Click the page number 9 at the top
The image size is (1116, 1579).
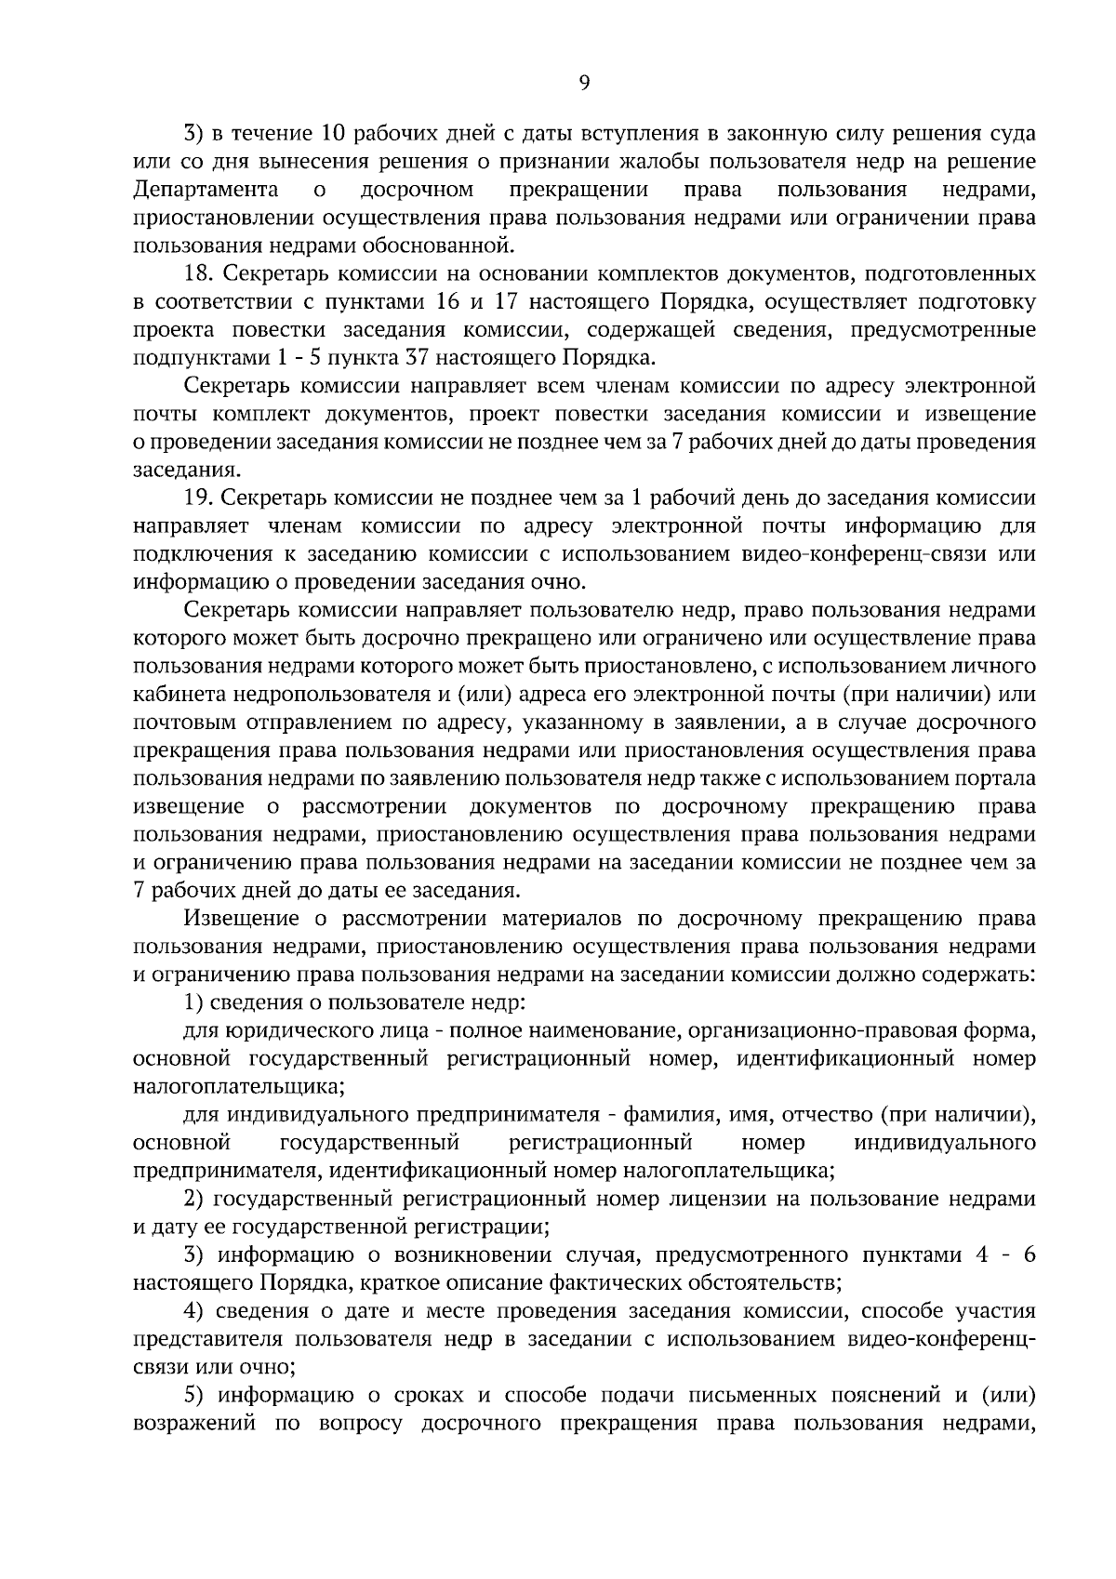click(x=584, y=83)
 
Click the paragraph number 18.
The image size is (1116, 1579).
click(x=198, y=274)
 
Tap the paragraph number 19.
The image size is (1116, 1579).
click(x=198, y=498)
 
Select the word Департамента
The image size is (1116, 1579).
click(x=206, y=191)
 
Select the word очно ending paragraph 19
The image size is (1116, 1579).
click(x=561, y=583)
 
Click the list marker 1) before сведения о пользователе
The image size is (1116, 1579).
click(x=193, y=1002)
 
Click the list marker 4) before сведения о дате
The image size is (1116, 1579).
click(x=193, y=1311)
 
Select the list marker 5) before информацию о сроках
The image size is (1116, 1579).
click(x=193, y=1395)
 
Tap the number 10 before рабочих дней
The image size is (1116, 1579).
click(x=333, y=134)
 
